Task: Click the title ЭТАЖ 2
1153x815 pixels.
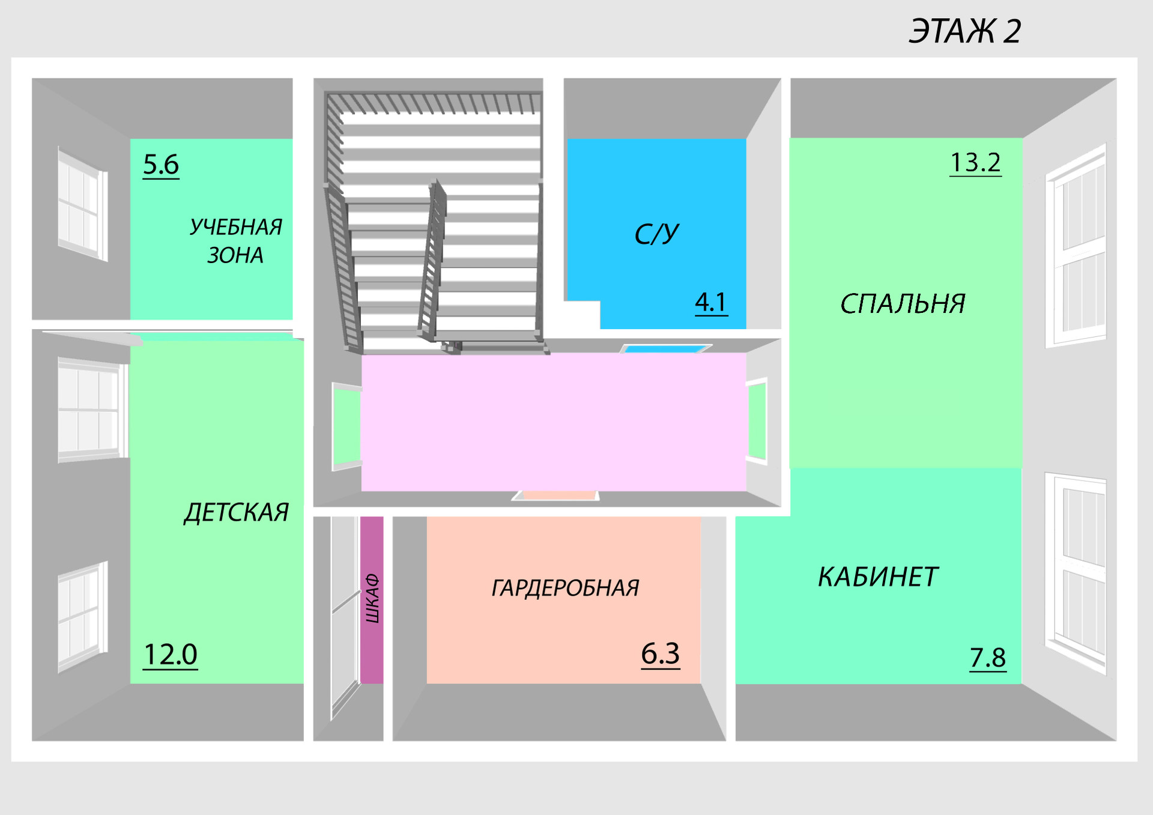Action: (x=964, y=31)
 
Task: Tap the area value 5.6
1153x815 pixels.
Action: (x=161, y=165)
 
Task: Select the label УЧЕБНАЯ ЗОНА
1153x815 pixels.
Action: (x=235, y=241)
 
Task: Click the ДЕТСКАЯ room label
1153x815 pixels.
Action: (x=236, y=512)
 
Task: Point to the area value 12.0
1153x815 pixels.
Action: (x=171, y=654)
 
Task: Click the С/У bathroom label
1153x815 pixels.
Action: (x=656, y=234)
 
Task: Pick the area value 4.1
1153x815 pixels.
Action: (x=711, y=301)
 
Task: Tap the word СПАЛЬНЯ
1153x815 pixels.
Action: (x=902, y=304)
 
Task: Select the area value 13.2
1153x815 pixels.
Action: (x=975, y=162)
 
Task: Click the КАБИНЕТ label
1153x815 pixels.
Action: (x=877, y=577)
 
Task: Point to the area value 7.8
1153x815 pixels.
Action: (x=988, y=658)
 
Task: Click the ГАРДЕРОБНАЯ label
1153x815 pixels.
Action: (x=565, y=588)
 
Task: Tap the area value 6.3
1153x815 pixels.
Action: (x=660, y=653)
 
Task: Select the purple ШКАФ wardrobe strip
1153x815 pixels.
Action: (x=372, y=599)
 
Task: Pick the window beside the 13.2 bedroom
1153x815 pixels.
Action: (x=1076, y=246)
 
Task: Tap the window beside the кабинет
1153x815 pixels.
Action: (x=1076, y=574)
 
